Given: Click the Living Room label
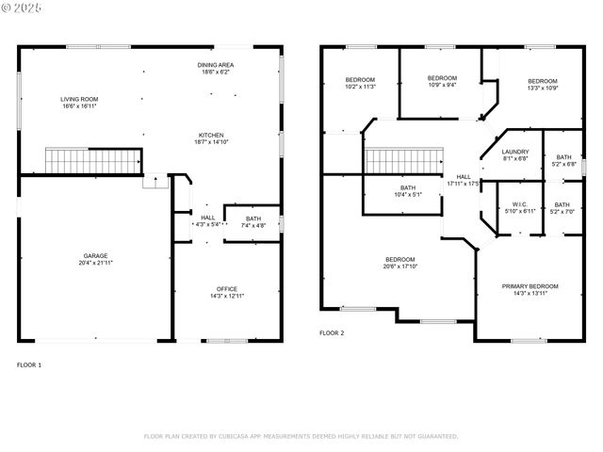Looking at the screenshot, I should pos(79,103).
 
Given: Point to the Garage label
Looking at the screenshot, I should pos(95,259).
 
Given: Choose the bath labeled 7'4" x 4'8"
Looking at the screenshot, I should pos(253,222).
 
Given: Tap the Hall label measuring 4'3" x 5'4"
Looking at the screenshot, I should pos(207,221).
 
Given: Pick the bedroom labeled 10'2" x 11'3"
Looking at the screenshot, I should pos(360,83).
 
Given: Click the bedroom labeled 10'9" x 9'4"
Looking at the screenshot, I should pos(442,81).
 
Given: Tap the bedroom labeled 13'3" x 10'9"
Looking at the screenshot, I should pos(542,84).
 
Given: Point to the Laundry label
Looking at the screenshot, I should pos(514,155).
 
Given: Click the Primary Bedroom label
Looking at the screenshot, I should pos(530,290).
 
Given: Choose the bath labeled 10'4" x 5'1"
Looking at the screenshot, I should pos(407,191).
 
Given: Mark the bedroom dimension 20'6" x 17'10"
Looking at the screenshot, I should pos(399,266).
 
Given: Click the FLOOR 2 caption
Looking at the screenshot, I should pos(332,333).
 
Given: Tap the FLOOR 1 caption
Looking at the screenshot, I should pos(29,364).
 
